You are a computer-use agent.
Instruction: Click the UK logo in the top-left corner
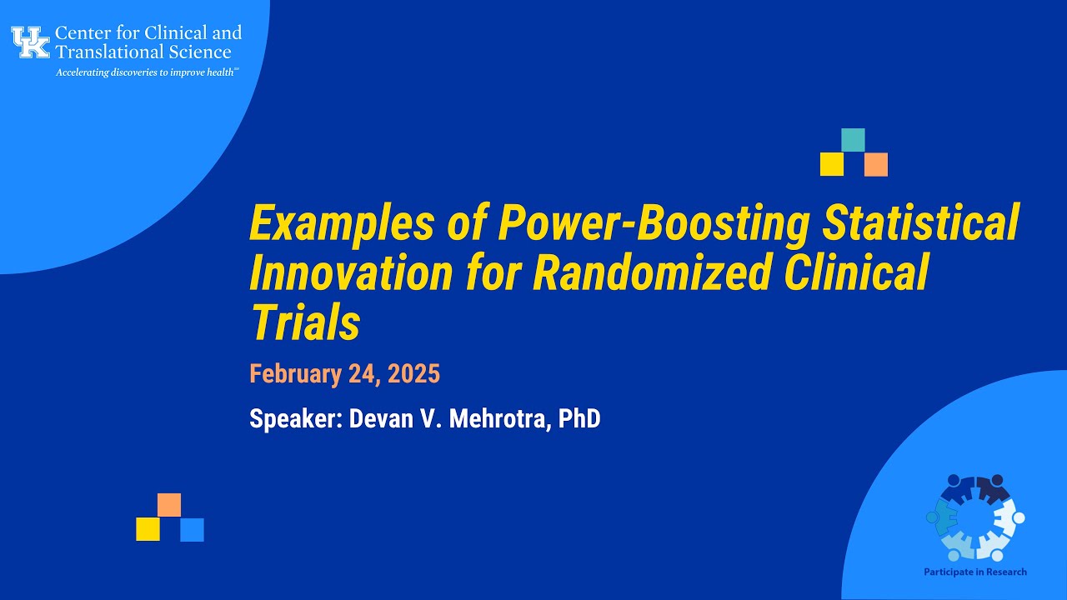pos(31,42)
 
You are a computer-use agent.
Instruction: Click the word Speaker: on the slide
pos(295,418)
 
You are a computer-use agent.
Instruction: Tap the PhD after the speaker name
pos(579,418)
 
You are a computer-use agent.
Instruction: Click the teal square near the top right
pos(853,140)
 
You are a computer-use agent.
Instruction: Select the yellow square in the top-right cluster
pos(831,164)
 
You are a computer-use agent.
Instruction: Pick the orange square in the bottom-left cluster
pos(169,505)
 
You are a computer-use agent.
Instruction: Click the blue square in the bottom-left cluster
pos(192,530)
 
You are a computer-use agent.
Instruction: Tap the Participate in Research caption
pos(974,572)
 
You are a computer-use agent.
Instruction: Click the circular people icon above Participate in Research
pos(974,517)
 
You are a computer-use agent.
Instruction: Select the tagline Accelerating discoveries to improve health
pos(147,72)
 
